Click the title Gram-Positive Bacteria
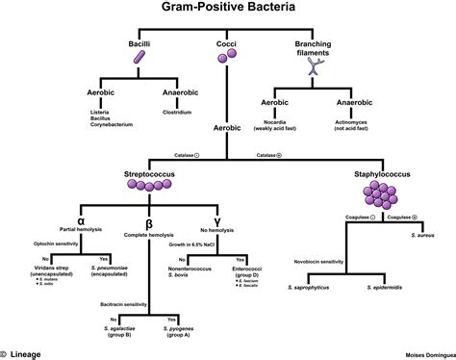227,11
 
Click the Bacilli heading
140,45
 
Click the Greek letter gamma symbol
227,207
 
